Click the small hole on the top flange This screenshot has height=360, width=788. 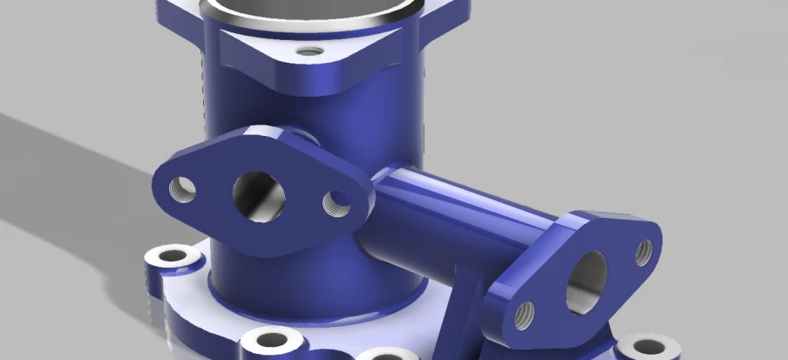305,51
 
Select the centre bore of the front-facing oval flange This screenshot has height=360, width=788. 259,195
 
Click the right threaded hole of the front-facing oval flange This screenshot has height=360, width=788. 336,204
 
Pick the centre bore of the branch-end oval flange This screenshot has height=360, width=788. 586,281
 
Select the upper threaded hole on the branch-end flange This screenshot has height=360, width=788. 643,252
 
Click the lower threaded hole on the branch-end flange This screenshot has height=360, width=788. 525,316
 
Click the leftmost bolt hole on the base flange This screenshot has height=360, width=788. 171,257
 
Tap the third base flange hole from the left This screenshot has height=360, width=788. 384,356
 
